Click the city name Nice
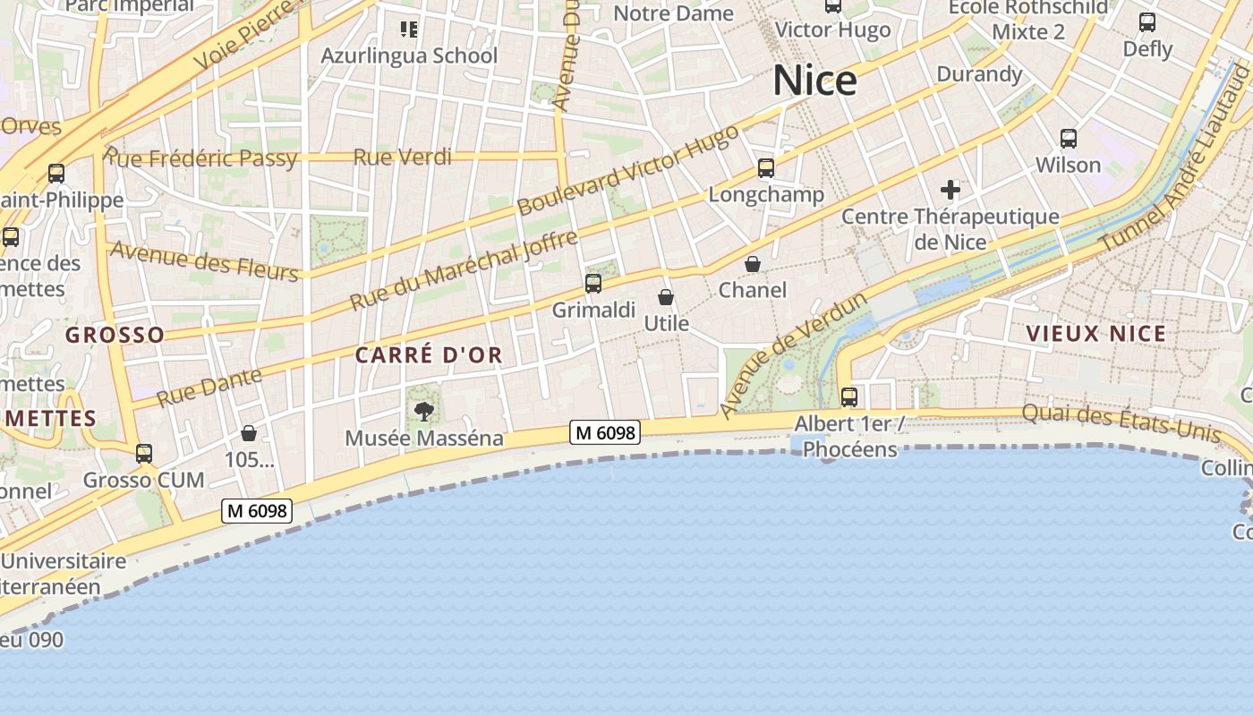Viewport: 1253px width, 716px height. pos(814,81)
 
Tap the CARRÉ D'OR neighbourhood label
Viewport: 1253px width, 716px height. pos(429,355)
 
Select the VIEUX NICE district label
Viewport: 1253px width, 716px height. pos(1095,334)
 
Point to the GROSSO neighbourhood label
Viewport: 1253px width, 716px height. pos(115,336)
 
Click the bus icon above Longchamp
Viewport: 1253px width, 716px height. pos(765,168)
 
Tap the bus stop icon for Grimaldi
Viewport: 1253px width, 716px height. pos(592,285)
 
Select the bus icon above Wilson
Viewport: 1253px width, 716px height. pos(1068,139)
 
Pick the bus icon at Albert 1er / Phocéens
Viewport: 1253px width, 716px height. pos(848,397)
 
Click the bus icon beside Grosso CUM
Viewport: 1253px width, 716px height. pos(144,454)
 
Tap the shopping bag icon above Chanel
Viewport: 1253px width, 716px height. pos(753,265)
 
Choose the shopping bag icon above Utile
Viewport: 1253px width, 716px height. pos(666,298)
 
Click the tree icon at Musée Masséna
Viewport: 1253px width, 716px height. pos(424,413)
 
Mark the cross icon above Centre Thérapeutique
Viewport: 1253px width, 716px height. pos(950,190)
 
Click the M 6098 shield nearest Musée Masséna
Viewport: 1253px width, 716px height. pos(605,433)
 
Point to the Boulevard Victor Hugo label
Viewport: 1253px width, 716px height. pos(628,170)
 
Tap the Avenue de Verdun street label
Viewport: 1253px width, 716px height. pos(793,354)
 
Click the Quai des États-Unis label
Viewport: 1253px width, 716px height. pos(1121,422)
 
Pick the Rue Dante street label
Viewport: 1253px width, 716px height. pos(209,387)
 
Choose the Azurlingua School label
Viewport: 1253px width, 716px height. pos(409,55)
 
